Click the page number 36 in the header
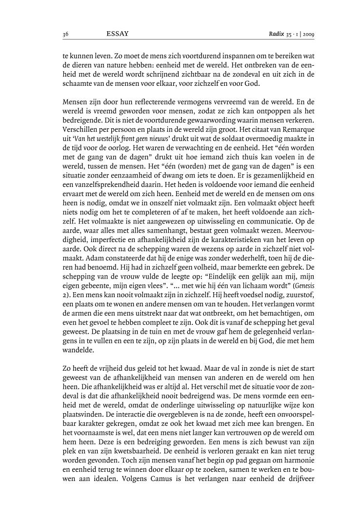pos(65,34)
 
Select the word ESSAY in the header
pos(117,34)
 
